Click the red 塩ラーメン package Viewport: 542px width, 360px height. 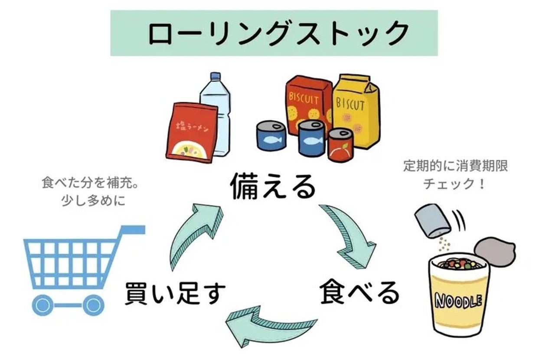pos(191,132)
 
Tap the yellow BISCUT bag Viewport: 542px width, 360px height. pos(356,111)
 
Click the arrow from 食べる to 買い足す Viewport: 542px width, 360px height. pos(269,325)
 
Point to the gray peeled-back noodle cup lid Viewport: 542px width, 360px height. pos(495,252)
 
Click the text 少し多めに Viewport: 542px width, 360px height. pos(93,201)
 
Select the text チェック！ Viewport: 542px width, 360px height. pos(454,183)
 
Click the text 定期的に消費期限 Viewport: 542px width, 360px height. pos(455,166)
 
